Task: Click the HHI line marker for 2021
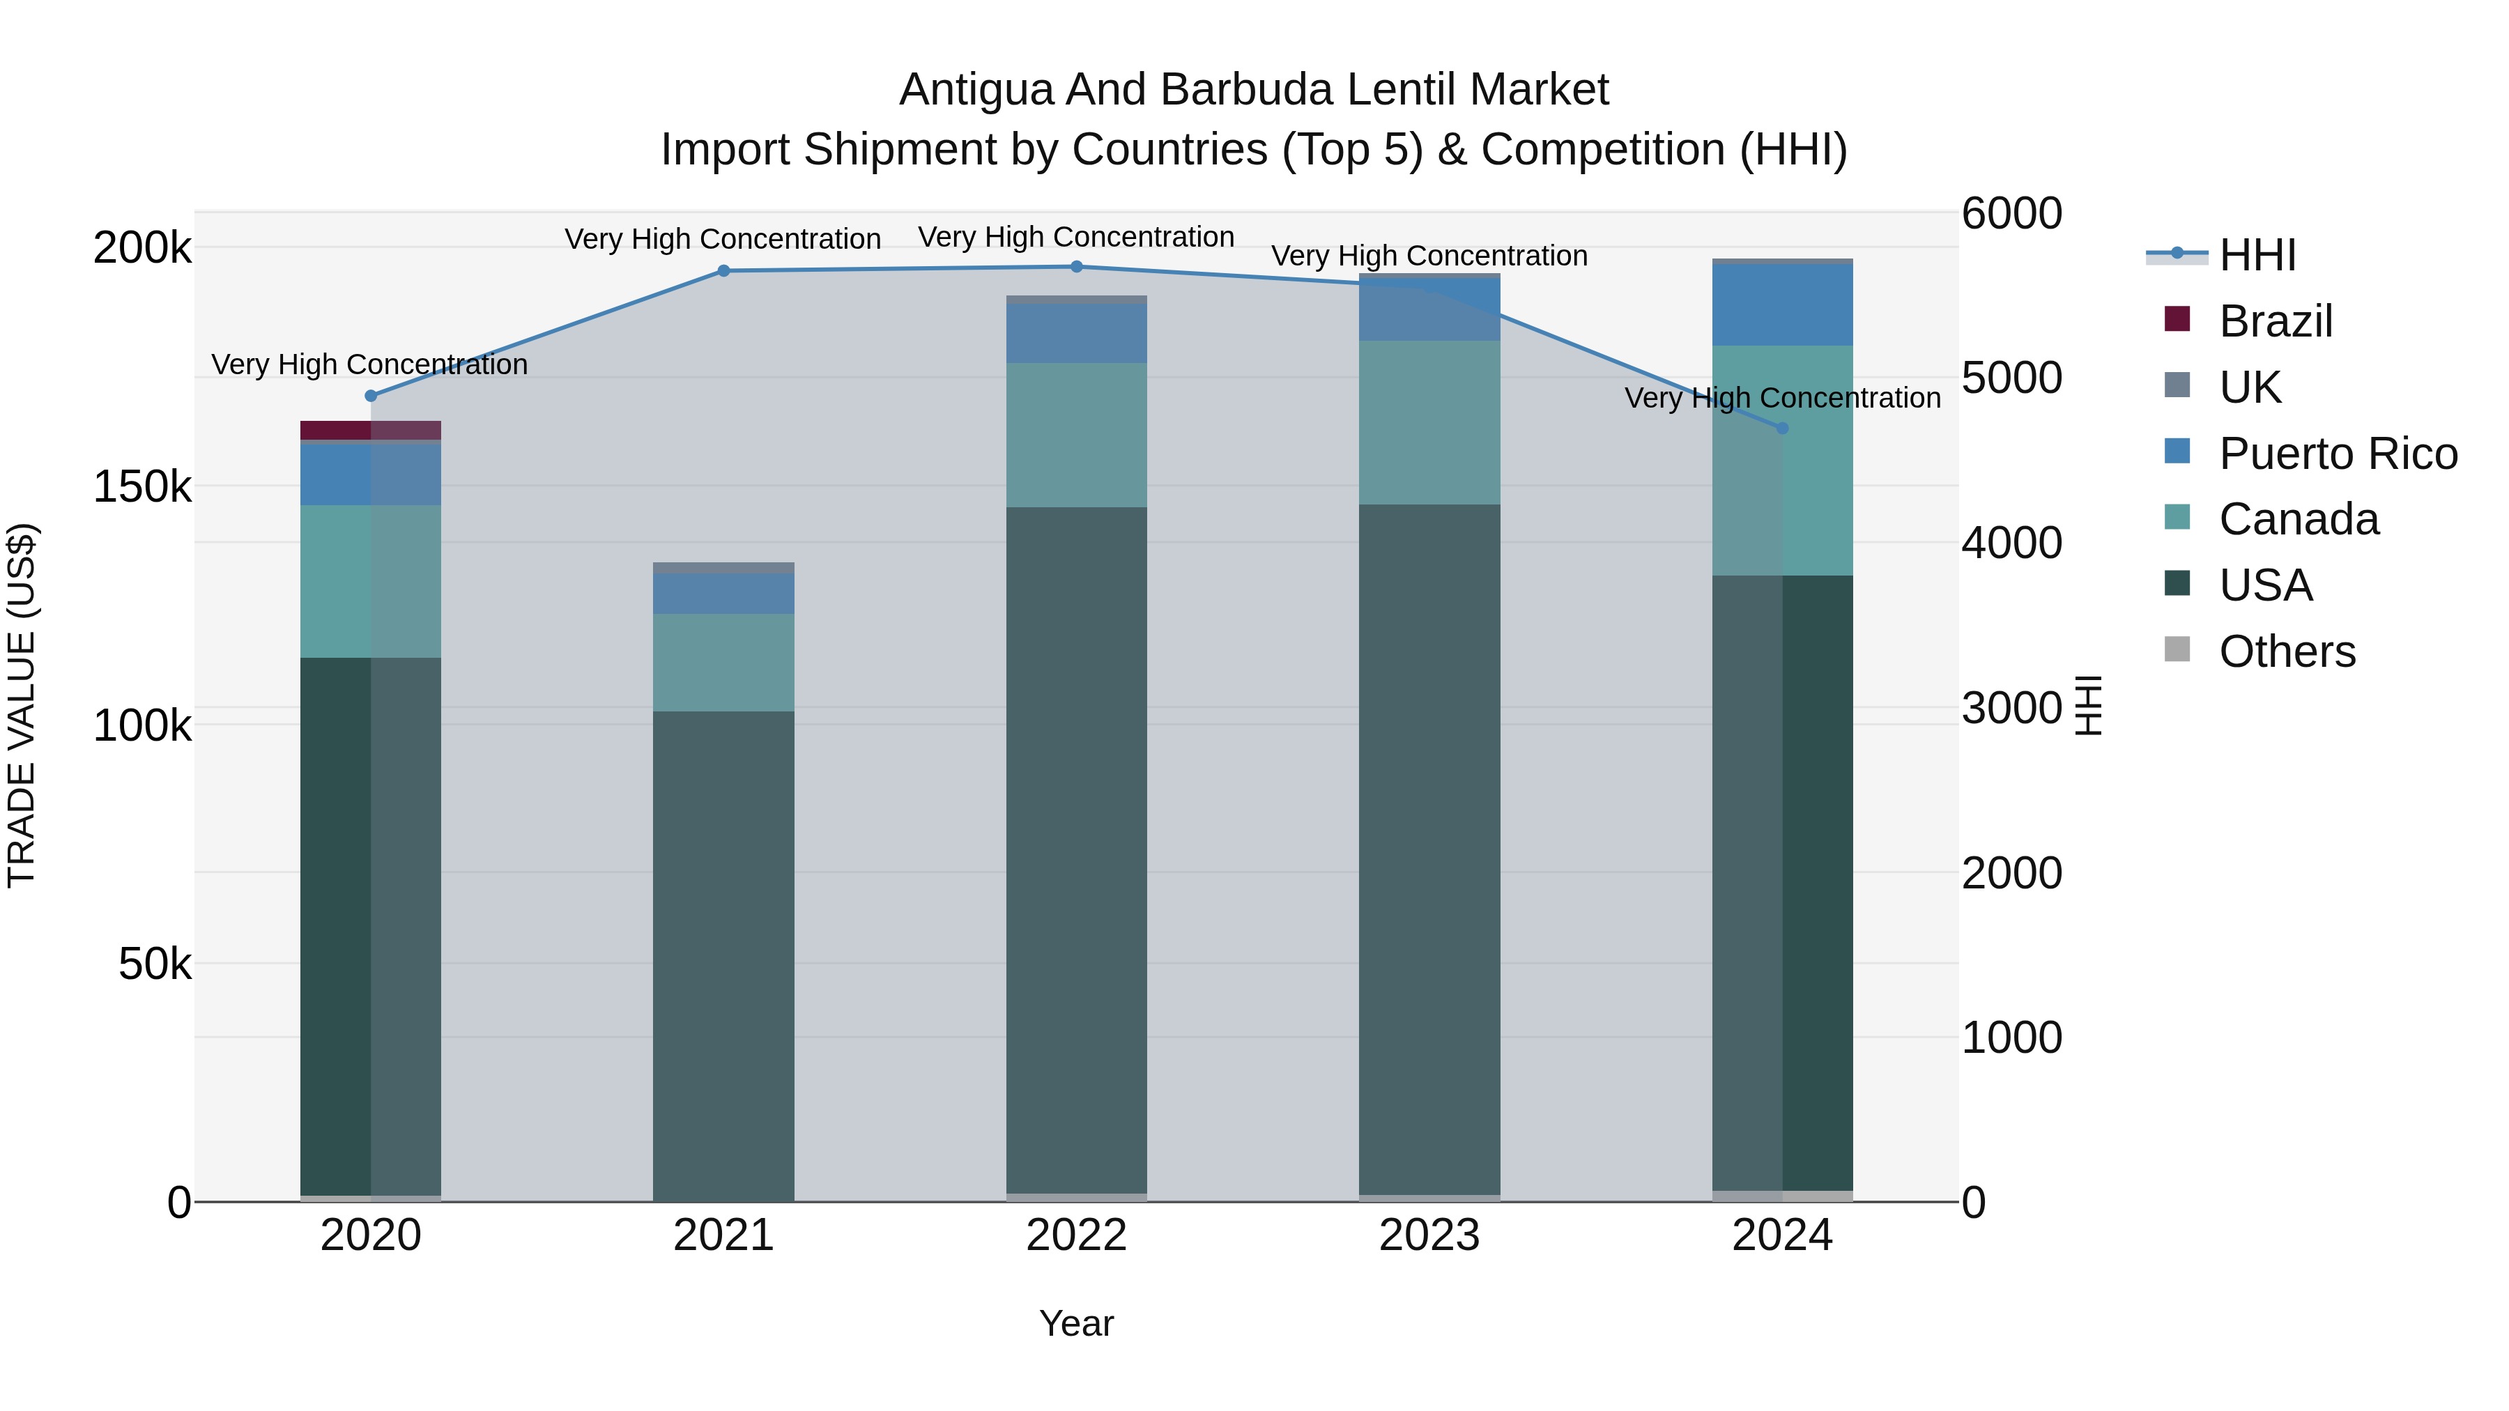pos(723,271)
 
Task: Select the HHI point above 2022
pos(1076,267)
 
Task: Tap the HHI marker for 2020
pos(371,395)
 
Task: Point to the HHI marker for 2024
pos(1782,429)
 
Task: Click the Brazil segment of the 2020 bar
pos(370,431)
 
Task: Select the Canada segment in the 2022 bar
pos(1076,435)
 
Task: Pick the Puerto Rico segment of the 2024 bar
pos(1782,304)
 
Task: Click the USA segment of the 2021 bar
pos(723,955)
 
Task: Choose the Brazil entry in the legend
pos(2276,321)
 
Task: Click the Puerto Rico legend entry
pos(2338,454)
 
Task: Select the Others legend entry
pos(2287,651)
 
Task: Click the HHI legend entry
pos(2257,255)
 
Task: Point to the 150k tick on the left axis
pos(142,486)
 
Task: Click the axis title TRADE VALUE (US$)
pos(22,705)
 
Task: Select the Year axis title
pos(1076,1323)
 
